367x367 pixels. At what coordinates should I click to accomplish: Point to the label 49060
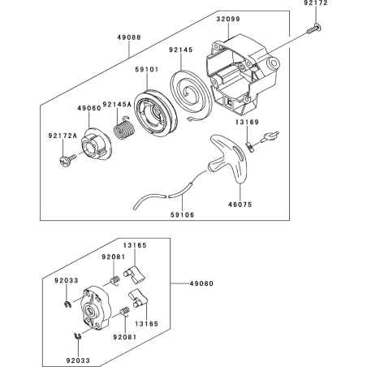89,107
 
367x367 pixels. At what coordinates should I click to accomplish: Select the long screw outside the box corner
312,30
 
